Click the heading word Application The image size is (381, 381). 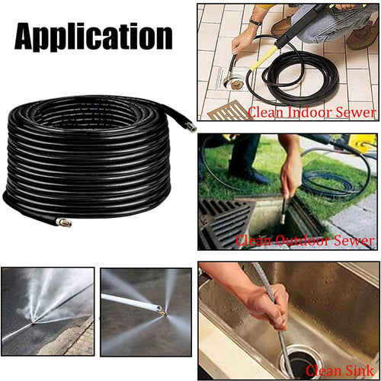point(94,37)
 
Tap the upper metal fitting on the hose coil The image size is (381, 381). point(190,126)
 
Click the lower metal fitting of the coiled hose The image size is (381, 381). point(63,222)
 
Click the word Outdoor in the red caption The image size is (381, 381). point(303,240)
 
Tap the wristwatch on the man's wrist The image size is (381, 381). point(255,22)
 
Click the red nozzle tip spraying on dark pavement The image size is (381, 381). point(31,322)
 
